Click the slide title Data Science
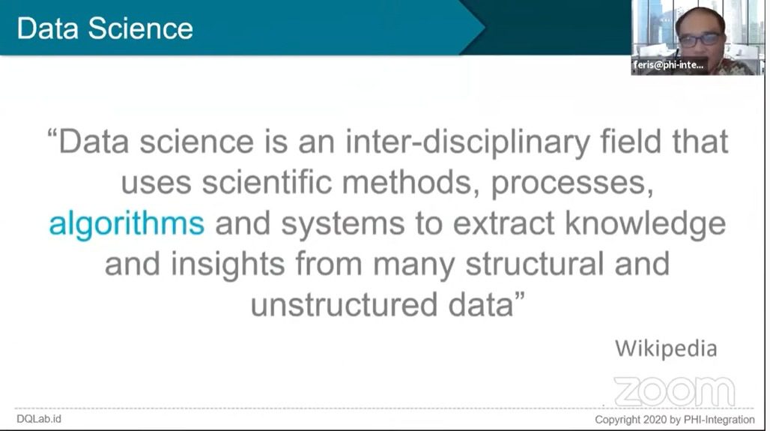[105, 28]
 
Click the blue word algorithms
[127, 224]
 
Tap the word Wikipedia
[666, 349]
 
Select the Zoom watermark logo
[675, 392]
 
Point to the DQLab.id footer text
[39, 419]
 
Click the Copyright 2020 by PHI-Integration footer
[675, 420]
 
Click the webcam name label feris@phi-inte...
[668, 65]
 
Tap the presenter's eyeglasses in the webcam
[700, 39]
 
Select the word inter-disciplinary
[468, 142]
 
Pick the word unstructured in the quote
[345, 304]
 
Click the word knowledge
[645, 224]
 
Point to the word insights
[228, 265]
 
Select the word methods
[410, 184]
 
